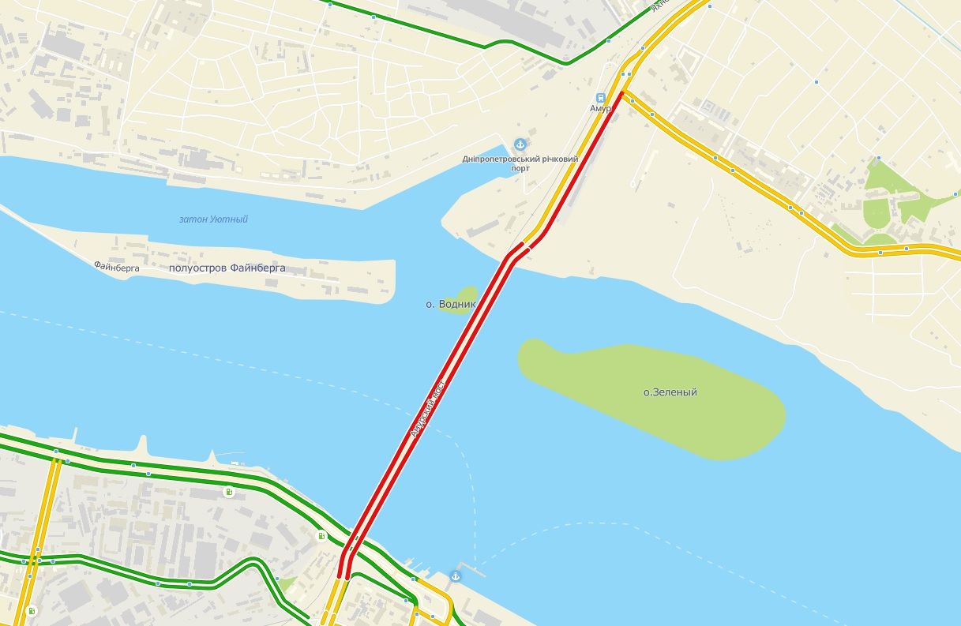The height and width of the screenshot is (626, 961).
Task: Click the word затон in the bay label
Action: point(193,219)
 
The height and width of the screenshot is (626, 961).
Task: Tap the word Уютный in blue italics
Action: point(229,219)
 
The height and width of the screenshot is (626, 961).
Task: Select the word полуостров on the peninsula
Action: point(199,268)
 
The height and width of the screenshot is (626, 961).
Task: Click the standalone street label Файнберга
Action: point(116,268)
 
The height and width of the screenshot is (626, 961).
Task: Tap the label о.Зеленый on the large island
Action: point(670,392)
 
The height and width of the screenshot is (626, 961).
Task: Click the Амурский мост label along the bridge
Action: point(427,408)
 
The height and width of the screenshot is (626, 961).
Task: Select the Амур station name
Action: point(600,108)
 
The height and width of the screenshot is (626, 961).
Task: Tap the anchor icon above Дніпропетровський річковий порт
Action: point(520,144)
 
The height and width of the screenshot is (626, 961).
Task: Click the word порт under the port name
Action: point(520,169)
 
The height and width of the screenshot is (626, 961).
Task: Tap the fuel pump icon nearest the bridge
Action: point(322,537)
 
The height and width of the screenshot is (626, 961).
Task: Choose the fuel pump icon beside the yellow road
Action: point(32,611)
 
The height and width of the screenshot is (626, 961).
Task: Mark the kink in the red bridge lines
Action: point(517,250)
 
